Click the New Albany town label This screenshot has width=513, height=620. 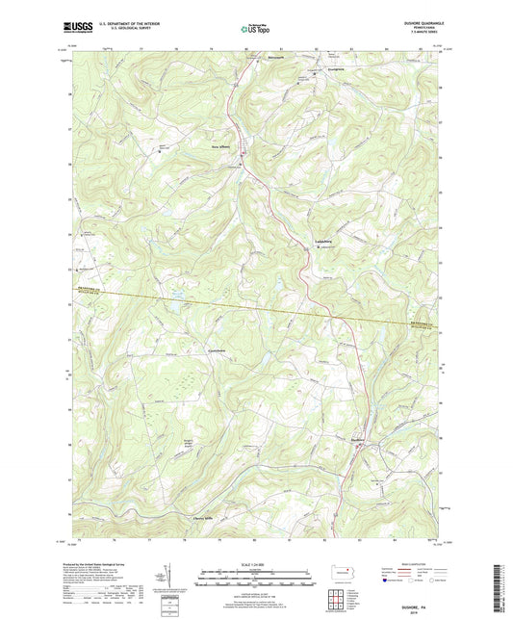(222, 147)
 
